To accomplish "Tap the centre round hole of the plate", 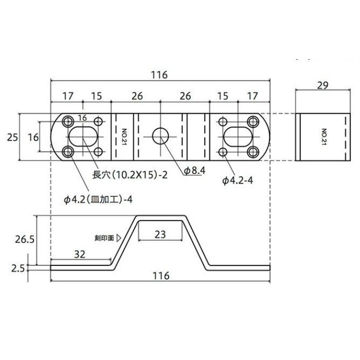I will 160,137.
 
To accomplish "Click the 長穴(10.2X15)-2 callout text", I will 130,174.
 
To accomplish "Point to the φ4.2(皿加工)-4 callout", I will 99,198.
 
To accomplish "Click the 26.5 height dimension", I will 24,239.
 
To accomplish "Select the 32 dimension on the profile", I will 80,254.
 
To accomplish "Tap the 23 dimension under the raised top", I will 160,234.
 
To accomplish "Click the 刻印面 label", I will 105,238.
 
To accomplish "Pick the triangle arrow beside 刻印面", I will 119,238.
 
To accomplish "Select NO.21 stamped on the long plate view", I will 124,137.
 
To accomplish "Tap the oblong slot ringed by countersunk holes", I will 82,137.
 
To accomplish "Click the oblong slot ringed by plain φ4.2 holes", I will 238,137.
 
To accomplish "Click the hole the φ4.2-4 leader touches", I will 223,152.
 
